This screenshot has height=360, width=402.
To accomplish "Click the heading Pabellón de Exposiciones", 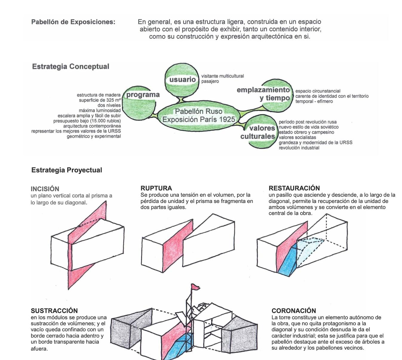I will (x=73, y=22).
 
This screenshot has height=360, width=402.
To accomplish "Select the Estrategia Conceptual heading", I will (x=70, y=67).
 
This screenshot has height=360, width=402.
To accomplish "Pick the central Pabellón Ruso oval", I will (x=199, y=116).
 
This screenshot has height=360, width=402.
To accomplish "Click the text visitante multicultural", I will (x=223, y=76).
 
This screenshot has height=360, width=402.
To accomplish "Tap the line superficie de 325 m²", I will (x=100, y=100).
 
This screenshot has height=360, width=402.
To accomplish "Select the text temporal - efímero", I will (x=314, y=101).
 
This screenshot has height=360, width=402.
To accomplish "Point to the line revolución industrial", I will (x=299, y=148).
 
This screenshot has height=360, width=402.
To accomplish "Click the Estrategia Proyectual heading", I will (x=67, y=170).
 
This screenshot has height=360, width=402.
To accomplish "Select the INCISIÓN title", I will (x=45, y=189).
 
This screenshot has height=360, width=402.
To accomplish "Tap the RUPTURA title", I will (x=156, y=188).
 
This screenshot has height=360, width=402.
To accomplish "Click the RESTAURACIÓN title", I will (x=294, y=188).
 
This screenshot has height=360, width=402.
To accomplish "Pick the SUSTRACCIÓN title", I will (x=54, y=310).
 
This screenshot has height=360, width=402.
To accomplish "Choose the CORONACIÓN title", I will (x=294, y=310).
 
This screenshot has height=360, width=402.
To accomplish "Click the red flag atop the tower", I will (x=195, y=287).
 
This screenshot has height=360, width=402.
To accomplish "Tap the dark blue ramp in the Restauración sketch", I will (x=287, y=260).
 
